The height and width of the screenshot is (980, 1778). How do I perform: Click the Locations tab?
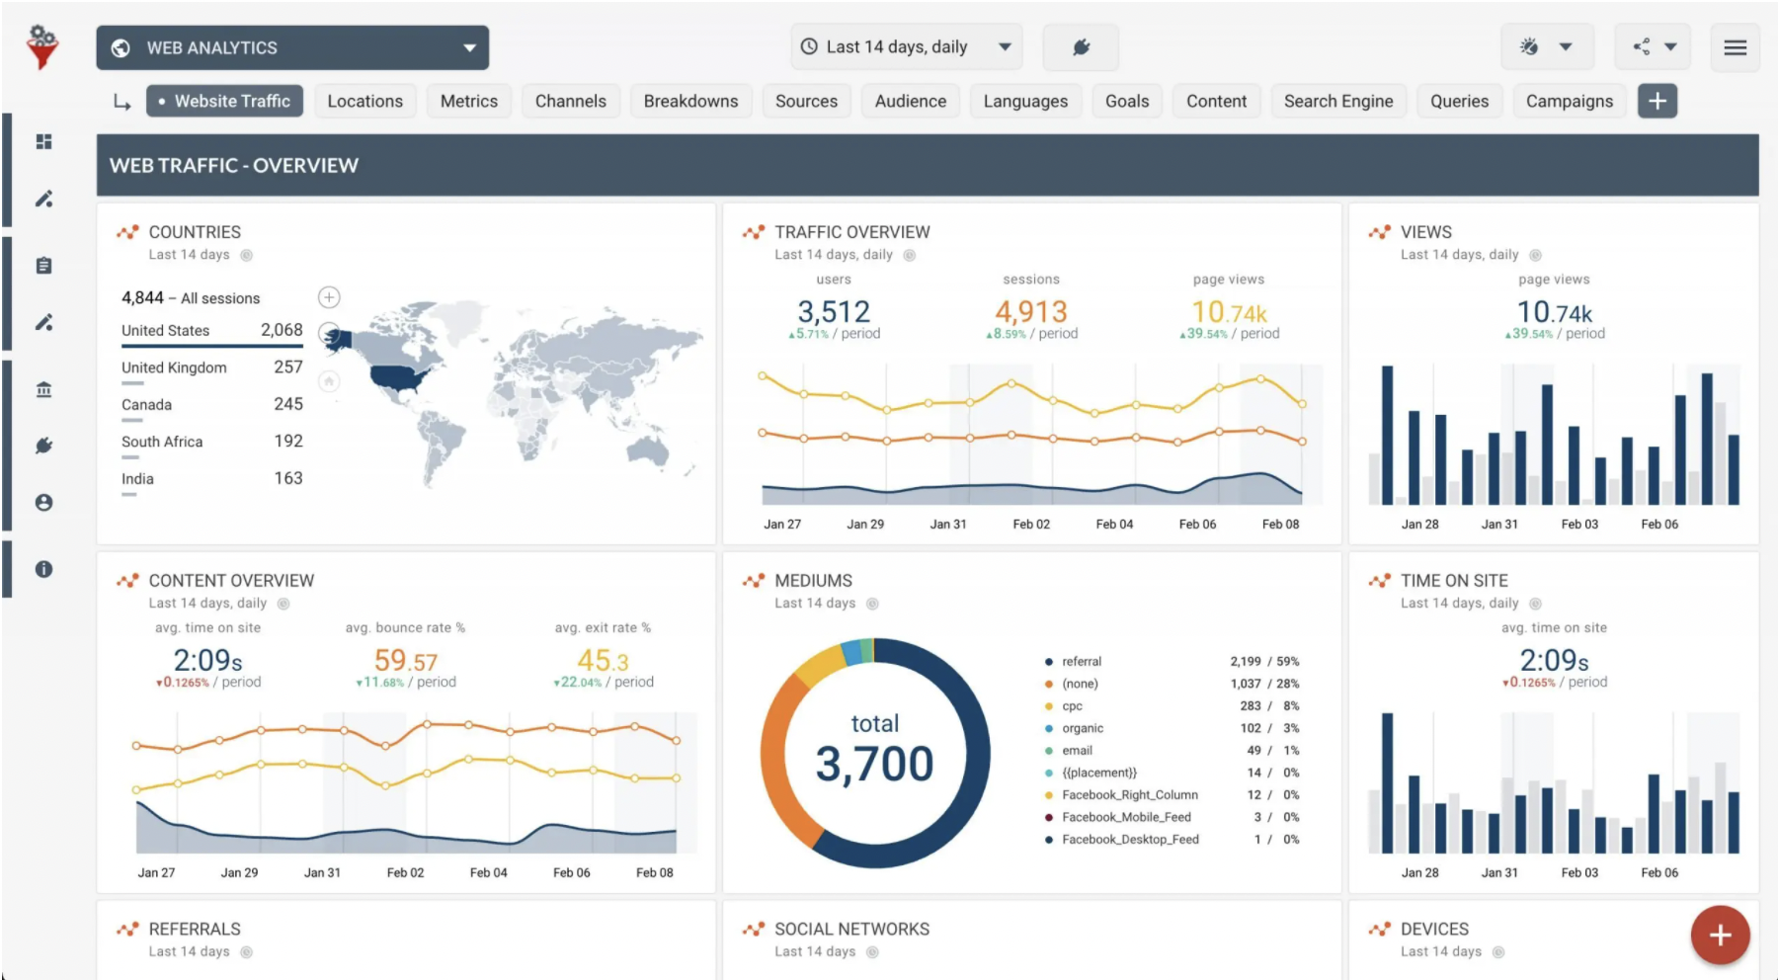[x=364, y=101]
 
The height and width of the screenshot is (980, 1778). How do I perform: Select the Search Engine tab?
[x=1337, y=101]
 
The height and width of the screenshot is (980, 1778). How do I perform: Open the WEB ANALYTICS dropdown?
[x=292, y=47]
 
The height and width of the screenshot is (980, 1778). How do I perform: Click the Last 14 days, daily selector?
[x=906, y=47]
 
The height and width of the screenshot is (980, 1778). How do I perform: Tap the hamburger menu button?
[x=1735, y=47]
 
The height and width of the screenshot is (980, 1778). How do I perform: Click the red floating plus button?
[x=1720, y=935]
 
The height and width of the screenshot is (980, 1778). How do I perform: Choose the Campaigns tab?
[x=1569, y=101]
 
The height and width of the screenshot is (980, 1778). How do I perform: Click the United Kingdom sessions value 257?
[x=287, y=367]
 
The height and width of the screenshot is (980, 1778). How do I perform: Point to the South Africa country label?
[x=162, y=442]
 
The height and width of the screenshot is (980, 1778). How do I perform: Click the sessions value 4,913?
[x=1030, y=312]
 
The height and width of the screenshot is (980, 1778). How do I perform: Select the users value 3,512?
[x=834, y=312]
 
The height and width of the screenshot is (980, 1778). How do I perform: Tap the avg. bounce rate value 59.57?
[x=405, y=660]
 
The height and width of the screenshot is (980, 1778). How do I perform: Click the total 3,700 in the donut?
[x=874, y=764]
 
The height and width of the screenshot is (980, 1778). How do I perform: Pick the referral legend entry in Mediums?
[x=1081, y=662]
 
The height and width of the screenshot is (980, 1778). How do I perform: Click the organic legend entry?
[x=1083, y=728]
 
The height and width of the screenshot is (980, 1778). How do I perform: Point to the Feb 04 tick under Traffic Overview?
[x=1114, y=525]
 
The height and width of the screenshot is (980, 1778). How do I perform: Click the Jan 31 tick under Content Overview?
[x=322, y=873]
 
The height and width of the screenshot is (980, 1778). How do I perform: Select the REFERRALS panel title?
[x=195, y=930]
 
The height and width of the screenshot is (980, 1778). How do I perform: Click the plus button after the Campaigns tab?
[x=1657, y=101]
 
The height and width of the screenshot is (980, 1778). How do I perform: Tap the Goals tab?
[x=1127, y=101]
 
